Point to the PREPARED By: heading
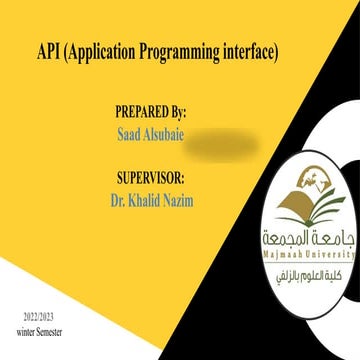click(x=150, y=112)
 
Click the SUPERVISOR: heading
click(x=151, y=180)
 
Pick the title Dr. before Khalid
click(x=118, y=201)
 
